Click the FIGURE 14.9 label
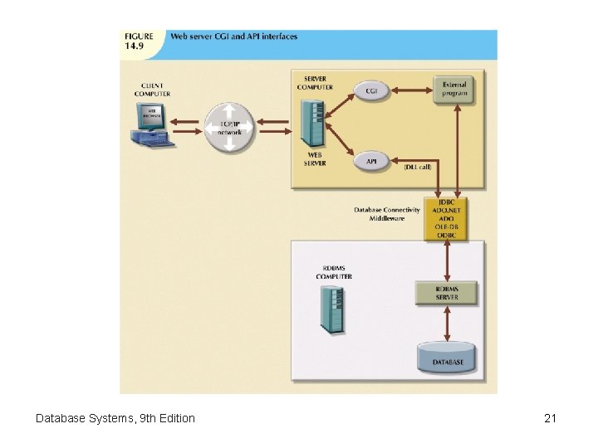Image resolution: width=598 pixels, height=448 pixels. click(x=139, y=41)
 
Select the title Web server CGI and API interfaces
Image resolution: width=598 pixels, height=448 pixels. click(x=233, y=37)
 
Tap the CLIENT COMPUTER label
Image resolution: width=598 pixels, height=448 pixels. click(x=152, y=90)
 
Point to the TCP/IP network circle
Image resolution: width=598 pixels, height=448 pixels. click(x=228, y=128)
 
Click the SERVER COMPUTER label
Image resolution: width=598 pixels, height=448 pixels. click(x=316, y=83)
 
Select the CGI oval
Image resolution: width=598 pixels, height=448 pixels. click(x=372, y=90)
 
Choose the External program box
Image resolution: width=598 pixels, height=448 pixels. click(x=453, y=89)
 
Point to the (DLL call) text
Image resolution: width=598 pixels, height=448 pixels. click(x=418, y=168)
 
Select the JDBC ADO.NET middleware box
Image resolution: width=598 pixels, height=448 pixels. click(x=446, y=218)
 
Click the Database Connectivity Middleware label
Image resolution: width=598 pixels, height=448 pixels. click(x=386, y=214)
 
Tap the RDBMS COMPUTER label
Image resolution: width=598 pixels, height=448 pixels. click(x=335, y=272)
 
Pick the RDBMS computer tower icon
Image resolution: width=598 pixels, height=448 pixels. click(x=333, y=309)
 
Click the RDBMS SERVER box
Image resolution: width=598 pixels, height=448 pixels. click(x=447, y=293)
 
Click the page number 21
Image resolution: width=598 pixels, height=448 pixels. click(x=550, y=418)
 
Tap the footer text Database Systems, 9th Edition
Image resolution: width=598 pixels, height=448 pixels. click(x=115, y=418)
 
